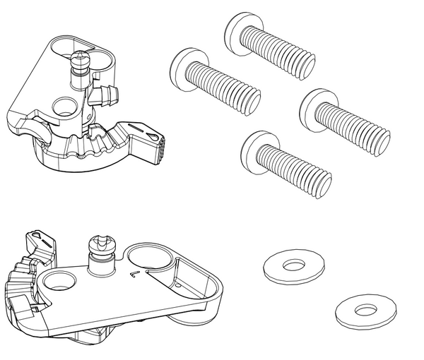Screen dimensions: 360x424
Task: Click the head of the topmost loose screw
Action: tap(240, 28)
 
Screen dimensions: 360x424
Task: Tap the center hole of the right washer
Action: tap(365, 310)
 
